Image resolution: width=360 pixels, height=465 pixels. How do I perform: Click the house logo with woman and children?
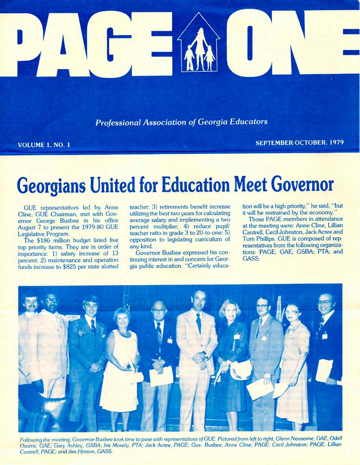199,44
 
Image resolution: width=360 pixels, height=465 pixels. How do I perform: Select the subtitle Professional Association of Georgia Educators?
181,123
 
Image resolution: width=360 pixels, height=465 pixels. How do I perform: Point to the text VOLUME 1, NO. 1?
44,145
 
